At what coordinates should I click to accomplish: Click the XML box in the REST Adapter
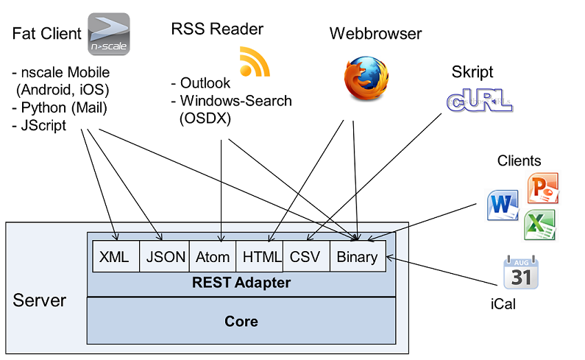pyautogui.click(x=114, y=257)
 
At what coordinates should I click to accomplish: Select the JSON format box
pyautogui.click(x=165, y=257)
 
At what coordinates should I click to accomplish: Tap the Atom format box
pyautogui.click(x=213, y=257)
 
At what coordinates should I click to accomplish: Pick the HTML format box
pyautogui.click(x=260, y=257)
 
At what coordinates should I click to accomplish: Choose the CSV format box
pyautogui.click(x=305, y=257)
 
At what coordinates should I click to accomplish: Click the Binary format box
pyautogui.click(x=357, y=257)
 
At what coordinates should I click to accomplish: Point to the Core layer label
pyautogui.click(x=241, y=322)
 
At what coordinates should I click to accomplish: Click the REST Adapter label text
pyautogui.click(x=241, y=283)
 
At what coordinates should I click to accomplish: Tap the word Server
pyautogui.click(x=40, y=300)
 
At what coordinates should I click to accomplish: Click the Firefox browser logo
pyautogui.click(x=365, y=78)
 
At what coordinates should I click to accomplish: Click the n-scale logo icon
pyautogui.click(x=108, y=35)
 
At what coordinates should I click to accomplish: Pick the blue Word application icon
pyautogui.click(x=503, y=205)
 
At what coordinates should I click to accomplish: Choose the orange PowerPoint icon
pyautogui.click(x=542, y=188)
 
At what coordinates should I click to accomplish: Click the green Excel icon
pyautogui.click(x=539, y=225)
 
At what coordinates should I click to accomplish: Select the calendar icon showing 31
pyautogui.click(x=520, y=272)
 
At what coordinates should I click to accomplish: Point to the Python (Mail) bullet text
pyautogui.click(x=60, y=108)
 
